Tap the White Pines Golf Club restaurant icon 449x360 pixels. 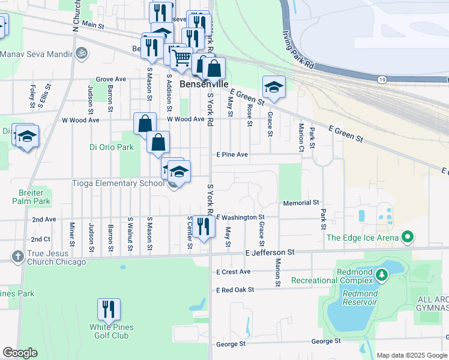coord(109,310)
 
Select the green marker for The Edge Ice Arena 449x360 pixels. coord(408,238)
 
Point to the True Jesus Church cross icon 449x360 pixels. coord(17,257)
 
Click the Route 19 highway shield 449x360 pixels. coord(382,79)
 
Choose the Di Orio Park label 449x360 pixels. coord(111,146)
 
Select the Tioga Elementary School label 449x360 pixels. coord(118,184)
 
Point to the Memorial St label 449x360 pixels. coord(301,203)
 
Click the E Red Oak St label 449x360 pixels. coord(235,289)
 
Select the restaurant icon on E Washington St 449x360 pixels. coord(203,227)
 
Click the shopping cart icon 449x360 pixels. coord(181,59)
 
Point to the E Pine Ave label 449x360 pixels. coord(232,154)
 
